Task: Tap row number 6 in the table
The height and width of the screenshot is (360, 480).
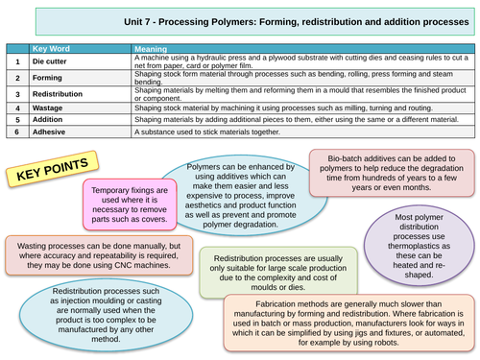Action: pyautogui.click(x=16, y=133)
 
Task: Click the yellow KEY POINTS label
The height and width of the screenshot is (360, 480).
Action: pyautogui.click(x=46, y=175)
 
